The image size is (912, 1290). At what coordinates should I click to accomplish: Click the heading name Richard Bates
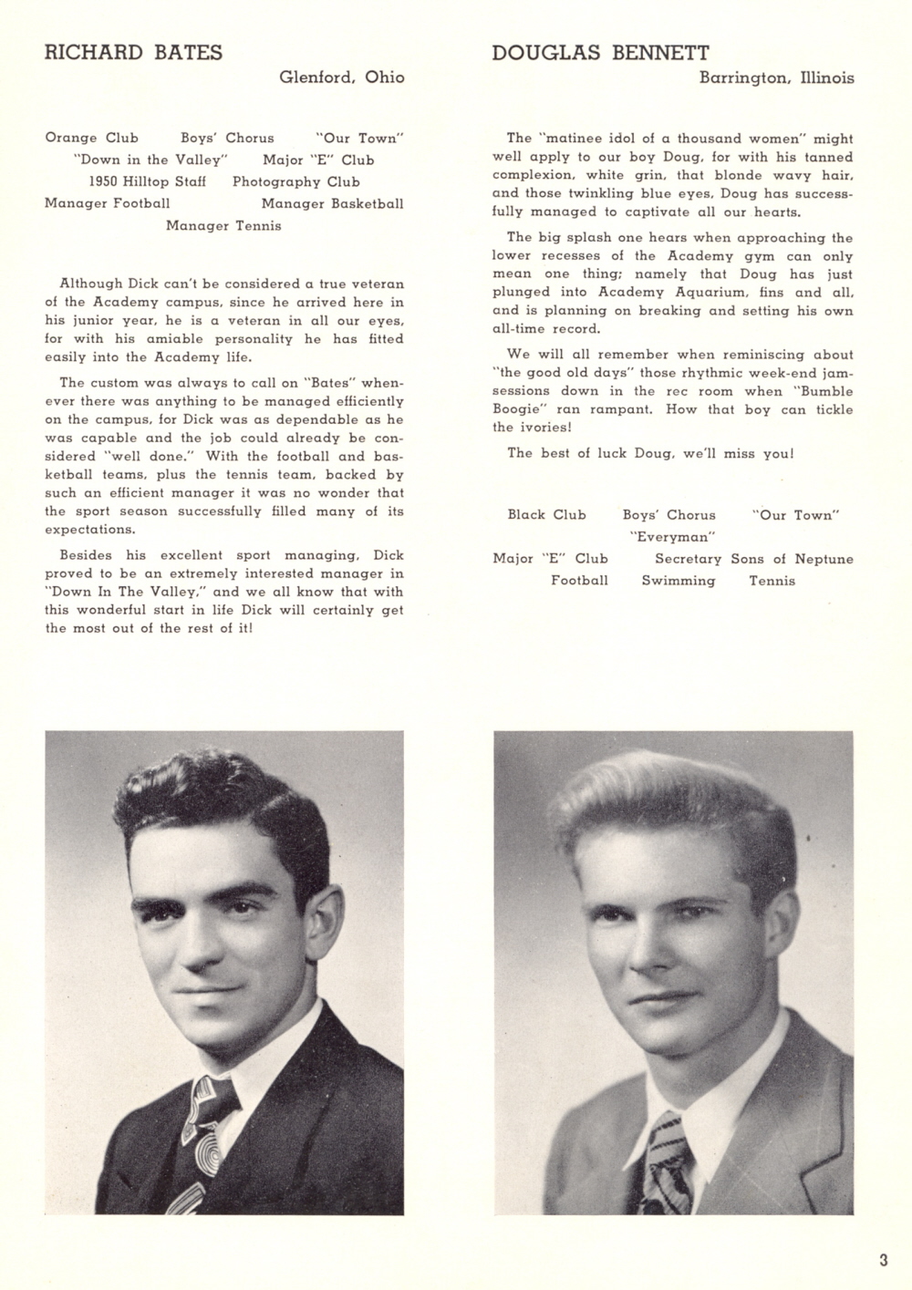pyautogui.click(x=133, y=53)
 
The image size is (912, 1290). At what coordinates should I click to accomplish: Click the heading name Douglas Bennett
pyautogui.click(x=600, y=53)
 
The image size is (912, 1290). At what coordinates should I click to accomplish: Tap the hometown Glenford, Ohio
pyautogui.click(x=341, y=77)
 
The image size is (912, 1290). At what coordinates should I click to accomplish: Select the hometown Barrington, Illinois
pyautogui.click(x=776, y=78)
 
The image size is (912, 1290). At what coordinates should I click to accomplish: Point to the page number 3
pyautogui.click(x=883, y=1261)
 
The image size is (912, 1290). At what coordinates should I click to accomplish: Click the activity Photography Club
pyautogui.click(x=295, y=181)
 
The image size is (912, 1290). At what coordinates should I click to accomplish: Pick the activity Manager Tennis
pyautogui.click(x=223, y=225)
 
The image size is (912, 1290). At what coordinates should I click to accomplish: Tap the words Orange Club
pyautogui.click(x=91, y=138)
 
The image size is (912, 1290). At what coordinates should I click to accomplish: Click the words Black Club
pyautogui.click(x=546, y=514)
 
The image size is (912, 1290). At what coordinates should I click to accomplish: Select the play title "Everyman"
pyautogui.click(x=671, y=537)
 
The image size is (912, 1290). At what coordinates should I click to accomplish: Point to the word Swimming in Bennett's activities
pyautogui.click(x=678, y=581)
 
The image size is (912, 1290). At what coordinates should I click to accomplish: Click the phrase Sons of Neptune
pyautogui.click(x=792, y=559)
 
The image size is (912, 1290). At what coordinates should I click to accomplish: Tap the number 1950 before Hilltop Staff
pyautogui.click(x=107, y=181)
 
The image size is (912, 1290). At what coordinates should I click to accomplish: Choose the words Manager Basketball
pyautogui.click(x=332, y=203)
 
